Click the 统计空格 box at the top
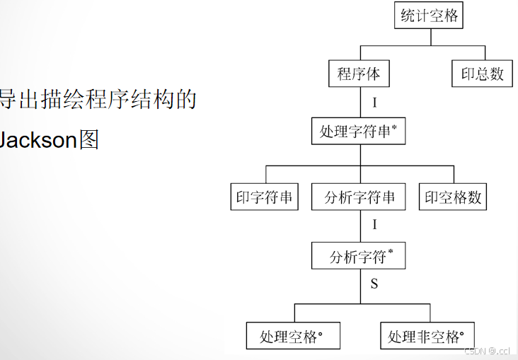[x=428, y=16]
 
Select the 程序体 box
[x=359, y=74]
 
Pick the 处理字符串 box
[x=358, y=131]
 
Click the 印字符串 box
[x=265, y=197]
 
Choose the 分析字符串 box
[x=359, y=197]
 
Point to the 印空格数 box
[x=453, y=197]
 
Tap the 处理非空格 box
[x=427, y=337]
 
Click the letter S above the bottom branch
[x=374, y=284]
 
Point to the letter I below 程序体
[x=374, y=103]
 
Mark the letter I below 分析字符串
[x=374, y=226]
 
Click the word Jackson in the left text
[x=38, y=139]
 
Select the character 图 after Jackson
[x=89, y=139]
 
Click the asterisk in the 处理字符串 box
[x=393, y=127]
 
